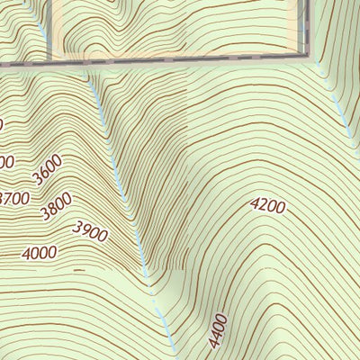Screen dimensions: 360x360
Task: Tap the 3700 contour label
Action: tap(15, 198)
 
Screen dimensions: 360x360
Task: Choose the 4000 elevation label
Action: tap(40, 253)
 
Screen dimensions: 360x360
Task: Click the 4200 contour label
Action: tap(267, 206)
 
